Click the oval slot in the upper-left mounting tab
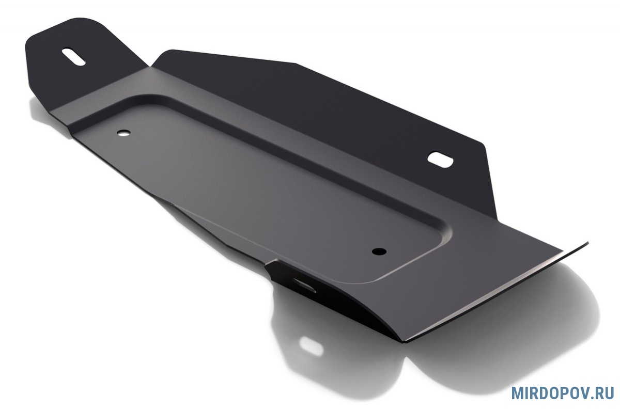coord(73,57)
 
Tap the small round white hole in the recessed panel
coord(123,133)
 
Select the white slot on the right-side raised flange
coord(440,160)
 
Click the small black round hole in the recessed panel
coord(379,251)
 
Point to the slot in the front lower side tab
coord(304,285)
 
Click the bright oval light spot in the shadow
coord(311,346)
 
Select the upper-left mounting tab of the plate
coord(83,61)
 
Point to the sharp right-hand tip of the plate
coord(588,243)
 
